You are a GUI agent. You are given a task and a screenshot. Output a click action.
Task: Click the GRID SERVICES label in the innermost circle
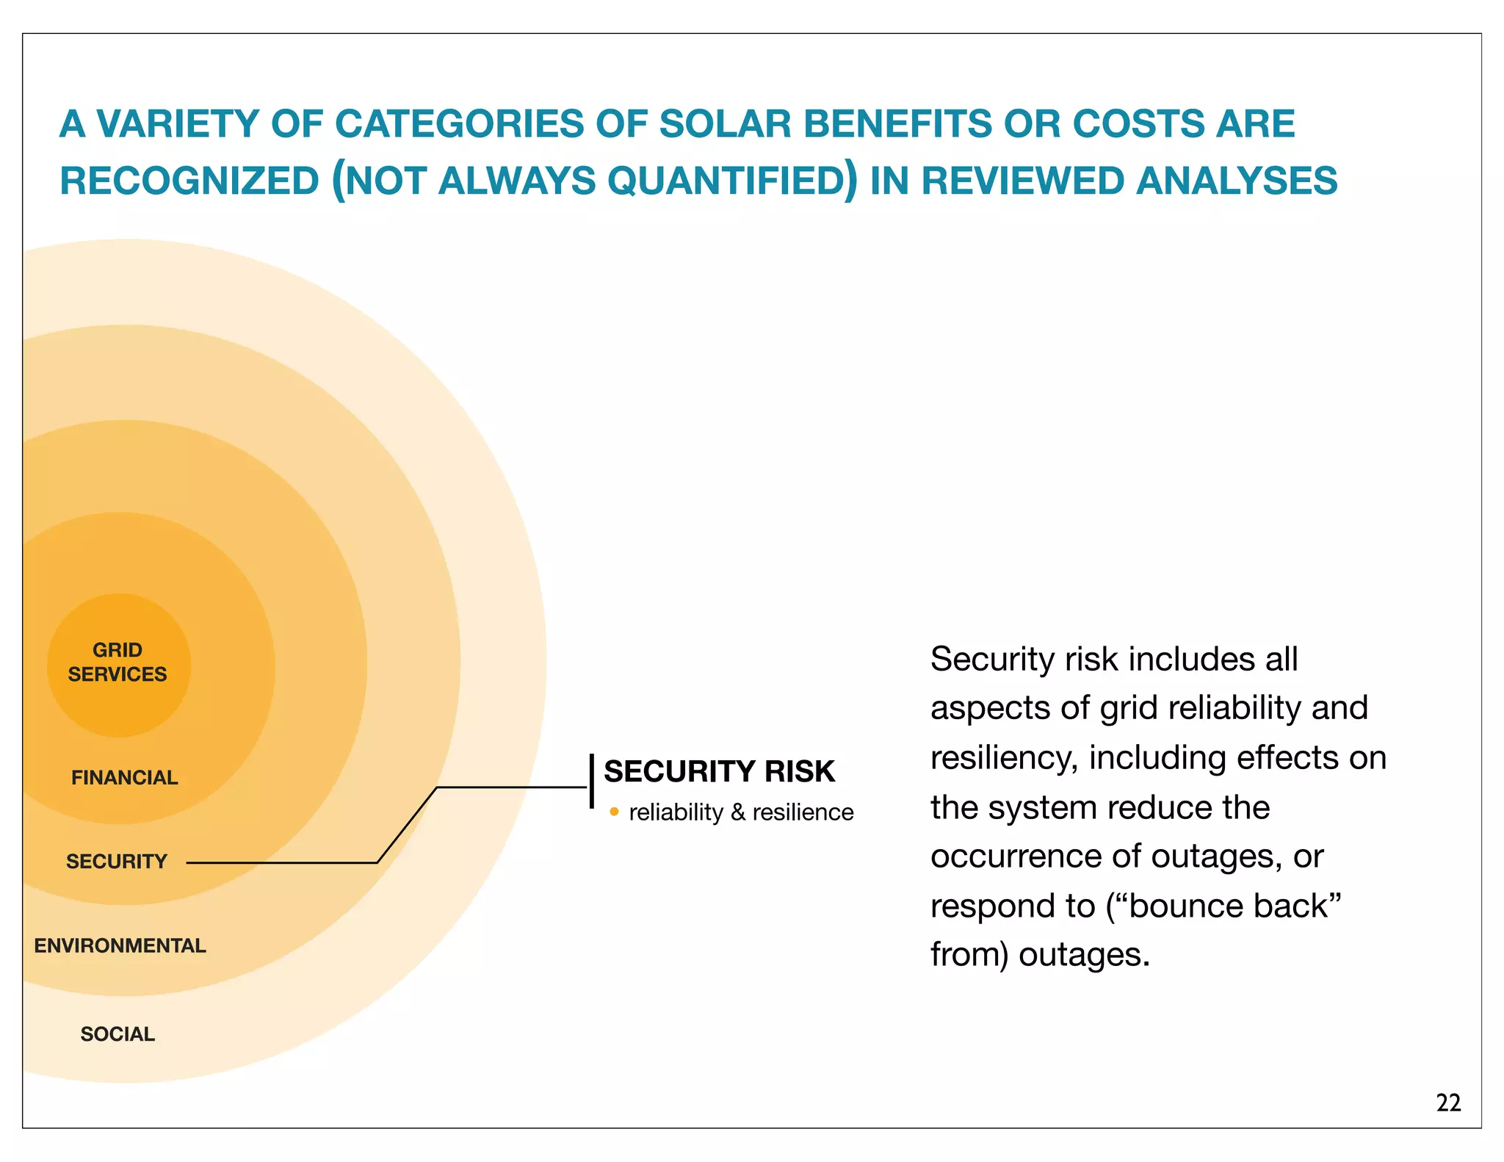tap(117, 662)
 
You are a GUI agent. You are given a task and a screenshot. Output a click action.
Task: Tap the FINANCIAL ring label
tap(124, 777)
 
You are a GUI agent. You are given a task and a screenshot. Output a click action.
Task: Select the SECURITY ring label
tap(117, 861)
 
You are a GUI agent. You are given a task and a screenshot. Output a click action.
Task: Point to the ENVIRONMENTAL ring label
tap(120, 945)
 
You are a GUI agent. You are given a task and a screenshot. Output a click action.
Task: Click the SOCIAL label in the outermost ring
tap(117, 1033)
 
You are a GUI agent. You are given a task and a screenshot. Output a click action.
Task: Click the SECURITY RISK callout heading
tap(719, 771)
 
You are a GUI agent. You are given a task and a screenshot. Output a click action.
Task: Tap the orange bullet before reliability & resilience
tap(614, 812)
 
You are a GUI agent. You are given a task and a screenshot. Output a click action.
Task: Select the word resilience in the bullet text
tap(803, 812)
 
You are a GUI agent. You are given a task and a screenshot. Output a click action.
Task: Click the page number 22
tap(1448, 1103)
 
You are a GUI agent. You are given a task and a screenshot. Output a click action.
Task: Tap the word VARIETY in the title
tap(178, 123)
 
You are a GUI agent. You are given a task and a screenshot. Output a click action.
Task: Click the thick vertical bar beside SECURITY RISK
tap(591, 781)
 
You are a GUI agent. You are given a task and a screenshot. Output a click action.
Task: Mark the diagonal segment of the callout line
tap(407, 825)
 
